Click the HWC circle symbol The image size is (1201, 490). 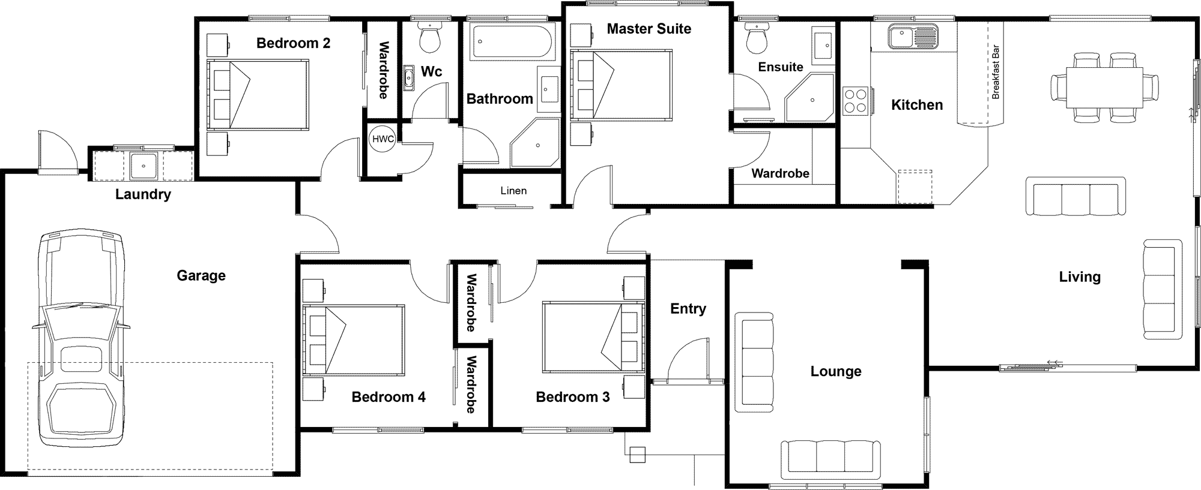[383, 139]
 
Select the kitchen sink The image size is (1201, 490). [913, 37]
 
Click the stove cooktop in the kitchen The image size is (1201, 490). [856, 100]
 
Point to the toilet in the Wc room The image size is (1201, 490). [430, 35]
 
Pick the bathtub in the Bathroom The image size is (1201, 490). [511, 41]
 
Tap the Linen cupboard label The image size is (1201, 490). [513, 191]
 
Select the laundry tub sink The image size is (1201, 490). [144, 165]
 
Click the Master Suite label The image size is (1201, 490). [649, 29]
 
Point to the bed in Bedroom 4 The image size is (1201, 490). [352, 339]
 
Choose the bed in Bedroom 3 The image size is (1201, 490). [593, 336]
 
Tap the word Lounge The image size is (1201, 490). [836, 371]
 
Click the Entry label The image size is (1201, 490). [688, 309]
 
